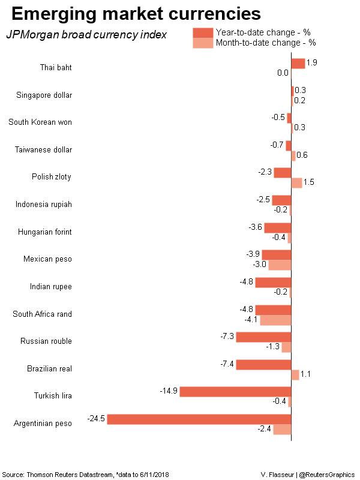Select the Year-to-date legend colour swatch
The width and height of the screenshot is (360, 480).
click(x=203, y=32)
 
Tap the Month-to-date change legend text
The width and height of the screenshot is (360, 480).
click(x=266, y=43)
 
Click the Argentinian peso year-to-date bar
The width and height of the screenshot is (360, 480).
click(x=199, y=419)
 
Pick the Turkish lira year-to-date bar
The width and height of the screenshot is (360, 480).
click(x=235, y=392)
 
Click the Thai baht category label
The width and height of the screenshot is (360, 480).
click(x=56, y=67)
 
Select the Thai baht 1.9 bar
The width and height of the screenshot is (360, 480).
click(x=298, y=63)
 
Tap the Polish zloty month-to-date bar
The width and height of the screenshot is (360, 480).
click(x=296, y=182)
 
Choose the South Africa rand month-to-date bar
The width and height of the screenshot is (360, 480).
click(x=275, y=319)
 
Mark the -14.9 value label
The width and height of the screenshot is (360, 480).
click(x=169, y=391)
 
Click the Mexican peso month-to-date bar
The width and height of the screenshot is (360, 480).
click(x=280, y=265)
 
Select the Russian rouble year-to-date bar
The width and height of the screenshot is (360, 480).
click(x=263, y=337)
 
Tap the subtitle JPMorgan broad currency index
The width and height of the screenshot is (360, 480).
click(x=86, y=35)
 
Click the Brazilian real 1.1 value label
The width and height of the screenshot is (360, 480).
click(x=305, y=374)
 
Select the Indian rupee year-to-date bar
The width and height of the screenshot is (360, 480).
click(x=273, y=282)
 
